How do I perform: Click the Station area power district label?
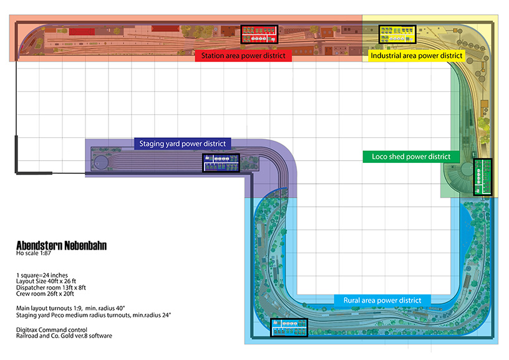(244, 56)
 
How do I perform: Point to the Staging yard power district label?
(182, 144)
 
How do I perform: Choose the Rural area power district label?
(382, 300)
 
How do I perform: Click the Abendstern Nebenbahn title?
(61, 246)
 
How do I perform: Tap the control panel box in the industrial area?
(397, 34)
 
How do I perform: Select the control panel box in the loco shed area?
(483, 177)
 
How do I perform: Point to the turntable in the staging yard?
(102, 163)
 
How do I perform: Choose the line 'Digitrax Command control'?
(52, 329)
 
